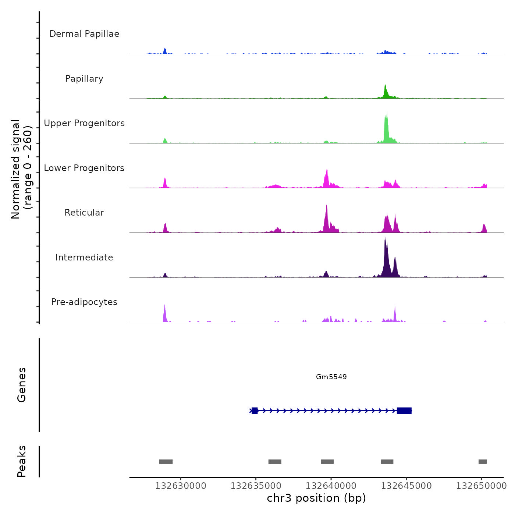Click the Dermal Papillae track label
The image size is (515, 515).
84,34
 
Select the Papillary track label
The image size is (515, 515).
84,79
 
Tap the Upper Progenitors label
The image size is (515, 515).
84,123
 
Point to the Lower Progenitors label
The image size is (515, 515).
84,168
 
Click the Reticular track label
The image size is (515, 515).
84,213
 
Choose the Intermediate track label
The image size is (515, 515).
84,257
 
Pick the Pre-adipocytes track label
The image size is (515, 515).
84,302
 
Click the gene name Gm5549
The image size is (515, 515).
331,377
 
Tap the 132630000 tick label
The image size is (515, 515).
181,486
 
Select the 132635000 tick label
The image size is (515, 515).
256,486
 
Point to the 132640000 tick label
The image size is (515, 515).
331,486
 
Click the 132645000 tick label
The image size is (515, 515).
406,486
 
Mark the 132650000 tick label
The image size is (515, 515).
481,486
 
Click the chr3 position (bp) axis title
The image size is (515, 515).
316,498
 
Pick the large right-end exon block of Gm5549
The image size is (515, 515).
404,411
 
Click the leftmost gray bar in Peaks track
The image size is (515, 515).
166,462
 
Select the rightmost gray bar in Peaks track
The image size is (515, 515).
482,462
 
